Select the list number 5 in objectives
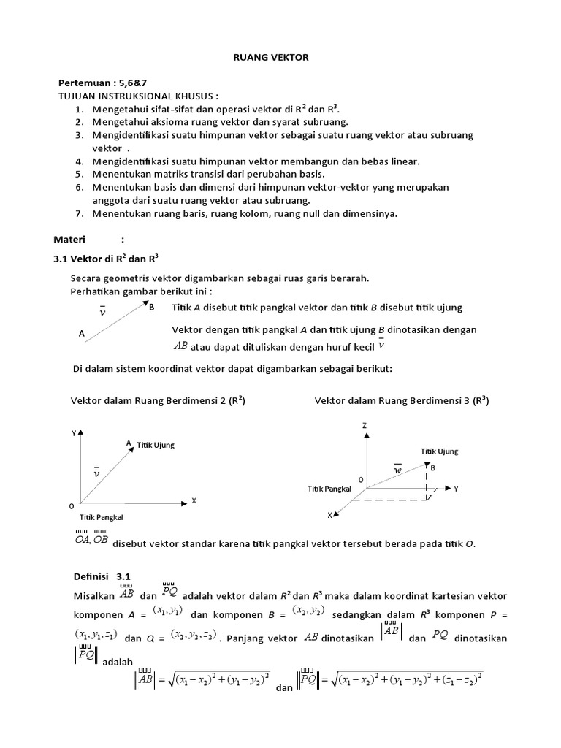click(x=80, y=174)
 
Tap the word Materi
click(x=70, y=239)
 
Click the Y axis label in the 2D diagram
click(x=73, y=432)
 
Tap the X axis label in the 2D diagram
click(x=194, y=501)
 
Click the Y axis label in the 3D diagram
click(x=456, y=487)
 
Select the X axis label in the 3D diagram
click(x=329, y=515)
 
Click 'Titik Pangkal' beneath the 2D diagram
click(x=101, y=516)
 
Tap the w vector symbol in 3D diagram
click(x=398, y=470)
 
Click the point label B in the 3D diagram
click(x=432, y=467)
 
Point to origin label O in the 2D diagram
click(x=71, y=505)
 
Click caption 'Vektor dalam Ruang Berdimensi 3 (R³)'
click(x=402, y=400)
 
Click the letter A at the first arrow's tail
click(x=81, y=333)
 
